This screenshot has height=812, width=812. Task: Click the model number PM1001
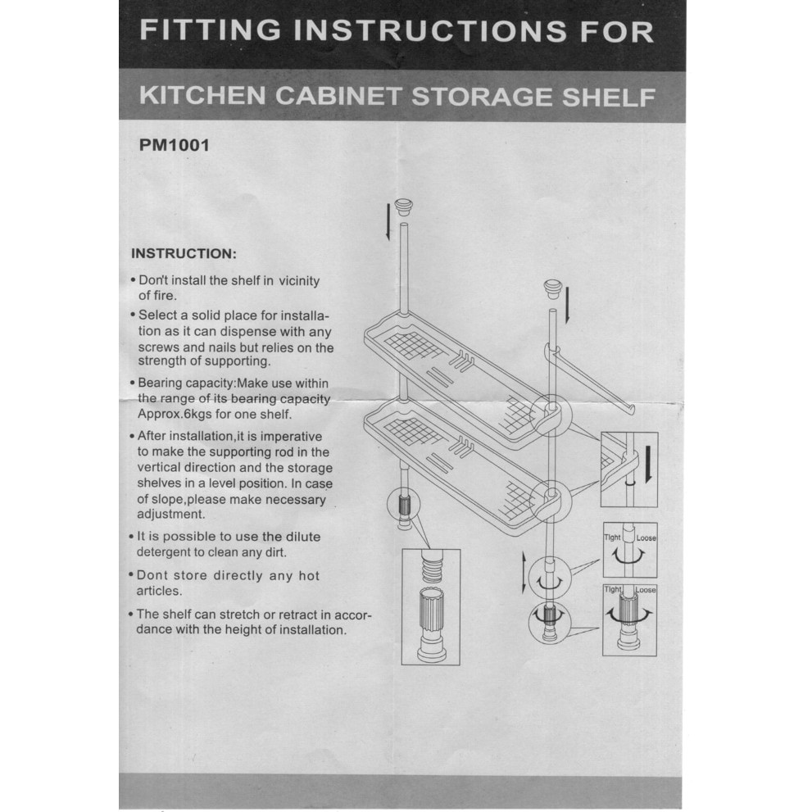(x=174, y=145)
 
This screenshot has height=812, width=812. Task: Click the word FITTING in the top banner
(x=211, y=30)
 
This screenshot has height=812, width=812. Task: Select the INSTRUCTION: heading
(x=184, y=254)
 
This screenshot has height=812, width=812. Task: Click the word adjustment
(x=171, y=515)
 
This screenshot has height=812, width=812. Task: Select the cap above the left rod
(x=403, y=207)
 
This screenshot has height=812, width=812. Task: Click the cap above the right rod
(x=552, y=289)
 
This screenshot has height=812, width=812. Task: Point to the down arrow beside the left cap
(x=388, y=222)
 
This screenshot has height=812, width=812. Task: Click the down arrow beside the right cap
(x=568, y=306)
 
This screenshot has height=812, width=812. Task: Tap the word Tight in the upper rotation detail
(x=612, y=538)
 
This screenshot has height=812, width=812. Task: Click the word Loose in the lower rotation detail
(x=646, y=590)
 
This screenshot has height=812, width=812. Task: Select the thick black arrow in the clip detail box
(x=647, y=465)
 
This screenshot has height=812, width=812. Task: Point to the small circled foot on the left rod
(x=403, y=504)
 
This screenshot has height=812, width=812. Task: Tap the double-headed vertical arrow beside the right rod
(x=524, y=573)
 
